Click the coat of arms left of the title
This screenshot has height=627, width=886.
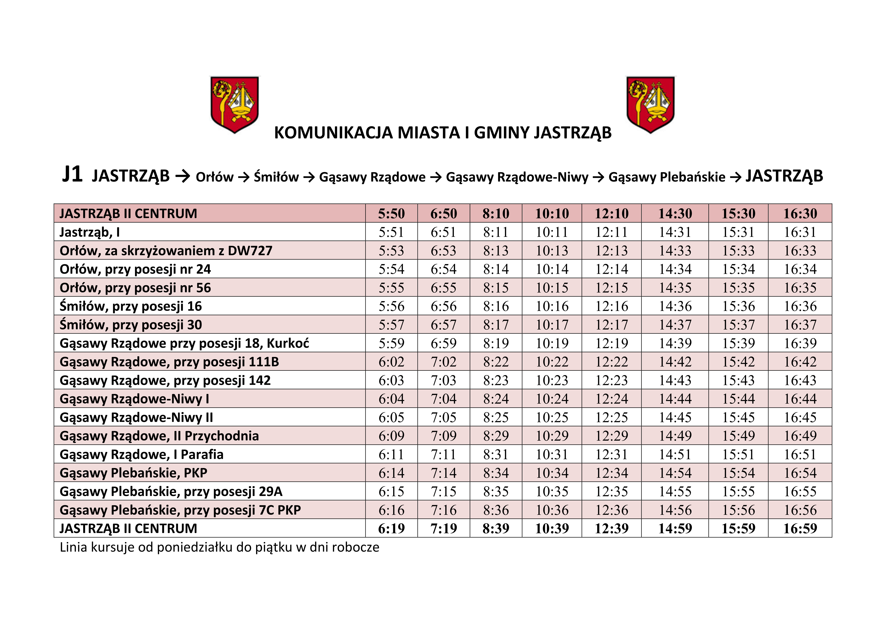tap(234, 104)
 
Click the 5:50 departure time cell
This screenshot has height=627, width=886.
tap(391, 213)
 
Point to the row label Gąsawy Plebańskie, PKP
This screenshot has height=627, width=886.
tap(133, 473)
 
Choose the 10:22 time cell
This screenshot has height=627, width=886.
tap(552, 362)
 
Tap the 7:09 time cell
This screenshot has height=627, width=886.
tap(443, 436)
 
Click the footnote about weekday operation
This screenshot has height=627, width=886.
tap(219, 548)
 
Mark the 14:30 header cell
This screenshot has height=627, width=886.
tap(675, 213)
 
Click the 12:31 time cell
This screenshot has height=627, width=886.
tap(612, 454)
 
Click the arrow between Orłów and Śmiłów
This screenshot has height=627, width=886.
tap(243, 177)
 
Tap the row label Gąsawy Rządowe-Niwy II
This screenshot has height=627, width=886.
tap(136, 417)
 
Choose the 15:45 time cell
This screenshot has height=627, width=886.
tap(738, 417)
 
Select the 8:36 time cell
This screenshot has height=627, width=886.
tap(496, 510)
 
